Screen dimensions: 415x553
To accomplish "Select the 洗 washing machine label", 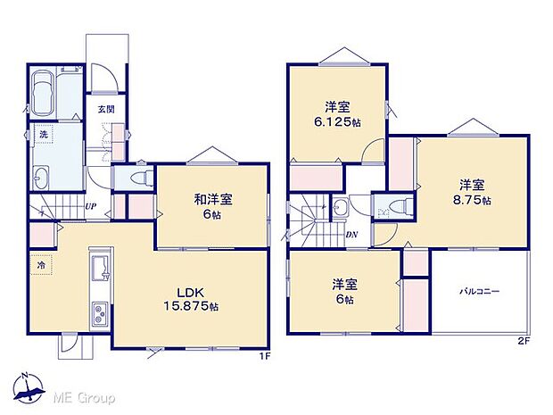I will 43,134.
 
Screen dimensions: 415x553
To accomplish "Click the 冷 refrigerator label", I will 41,265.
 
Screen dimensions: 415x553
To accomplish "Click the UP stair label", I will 90,208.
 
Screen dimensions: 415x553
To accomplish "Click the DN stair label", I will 351,234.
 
